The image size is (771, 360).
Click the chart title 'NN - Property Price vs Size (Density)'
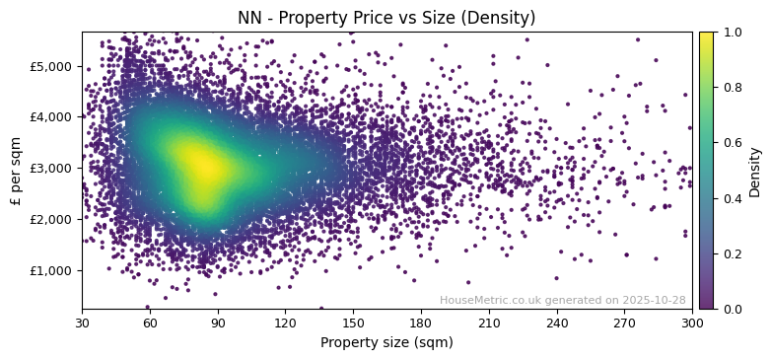[x=386, y=18]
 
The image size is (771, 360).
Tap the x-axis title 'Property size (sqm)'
[x=386, y=343]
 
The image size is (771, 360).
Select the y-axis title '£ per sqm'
[x=16, y=170]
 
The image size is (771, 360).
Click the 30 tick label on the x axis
[x=82, y=323]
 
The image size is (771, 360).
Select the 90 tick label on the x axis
[x=218, y=323]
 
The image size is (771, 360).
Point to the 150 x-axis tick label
[x=353, y=323]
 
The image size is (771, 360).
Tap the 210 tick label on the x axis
[x=489, y=323]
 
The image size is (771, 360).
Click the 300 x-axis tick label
[x=692, y=323]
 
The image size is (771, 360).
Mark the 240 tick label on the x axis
[x=557, y=323]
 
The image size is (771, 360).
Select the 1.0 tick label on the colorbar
[x=731, y=33]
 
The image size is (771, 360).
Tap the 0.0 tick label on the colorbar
[x=731, y=309]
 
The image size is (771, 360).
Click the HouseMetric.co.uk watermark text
[x=562, y=300]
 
